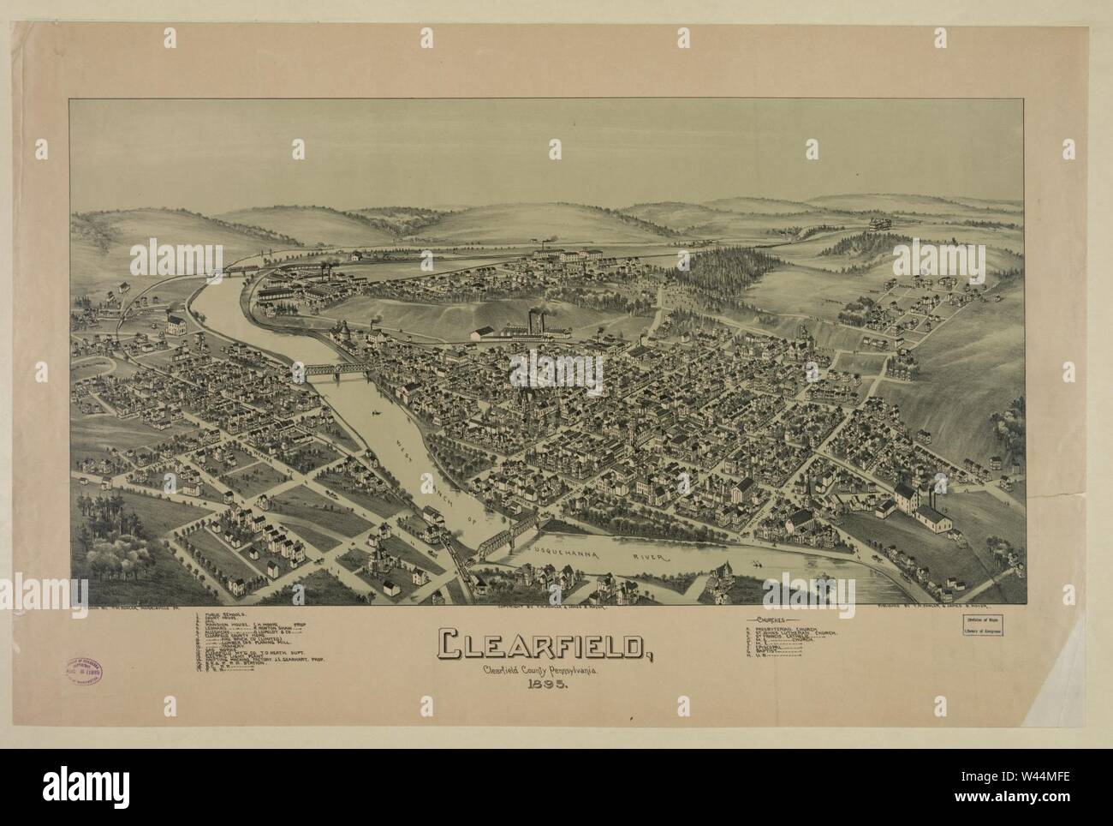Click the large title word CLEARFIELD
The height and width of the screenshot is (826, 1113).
[x=544, y=645]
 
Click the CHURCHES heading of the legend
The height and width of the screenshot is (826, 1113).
[x=774, y=619]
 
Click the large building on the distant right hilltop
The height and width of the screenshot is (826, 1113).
[x=878, y=224]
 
